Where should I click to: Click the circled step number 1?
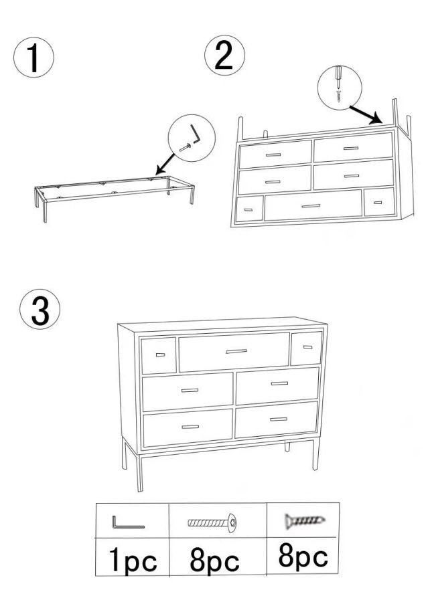click(x=33, y=58)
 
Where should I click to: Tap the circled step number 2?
click(x=224, y=55)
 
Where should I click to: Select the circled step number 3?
click(x=40, y=309)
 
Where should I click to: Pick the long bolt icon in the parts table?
click(x=212, y=522)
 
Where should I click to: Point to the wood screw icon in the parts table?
click(x=304, y=521)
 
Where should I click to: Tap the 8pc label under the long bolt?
click(x=214, y=561)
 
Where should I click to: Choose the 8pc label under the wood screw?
click(x=303, y=557)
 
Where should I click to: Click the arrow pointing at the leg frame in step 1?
click(x=165, y=164)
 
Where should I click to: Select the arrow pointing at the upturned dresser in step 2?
click(x=366, y=115)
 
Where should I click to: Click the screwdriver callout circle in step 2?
click(x=340, y=88)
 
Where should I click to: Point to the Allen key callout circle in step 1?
click(x=192, y=138)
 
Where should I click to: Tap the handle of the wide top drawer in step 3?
click(x=236, y=351)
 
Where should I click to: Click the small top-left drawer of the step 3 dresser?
click(x=159, y=356)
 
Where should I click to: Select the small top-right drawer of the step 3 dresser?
click(x=306, y=348)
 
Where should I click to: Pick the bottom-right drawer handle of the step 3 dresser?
click(x=279, y=419)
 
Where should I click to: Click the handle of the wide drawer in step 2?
click(x=311, y=206)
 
